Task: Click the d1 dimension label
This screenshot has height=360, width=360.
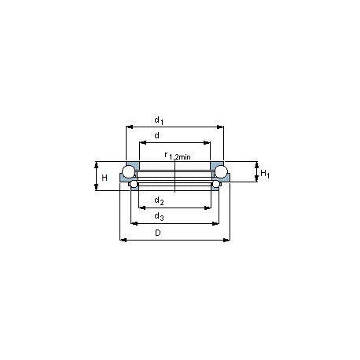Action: point(159,120)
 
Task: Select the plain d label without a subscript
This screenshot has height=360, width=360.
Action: point(156,135)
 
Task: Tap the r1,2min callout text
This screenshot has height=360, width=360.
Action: point(178,156)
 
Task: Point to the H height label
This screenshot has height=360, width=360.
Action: point(105,178)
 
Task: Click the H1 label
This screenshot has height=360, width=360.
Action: point(265,174)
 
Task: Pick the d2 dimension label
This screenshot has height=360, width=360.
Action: point(159,200)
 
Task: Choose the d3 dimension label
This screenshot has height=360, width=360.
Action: point(159,216)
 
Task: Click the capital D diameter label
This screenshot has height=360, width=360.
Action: point(158,233)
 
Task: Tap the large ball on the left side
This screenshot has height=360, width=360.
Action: point(128,172)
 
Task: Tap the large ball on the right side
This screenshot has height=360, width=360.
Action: point(222,172)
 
